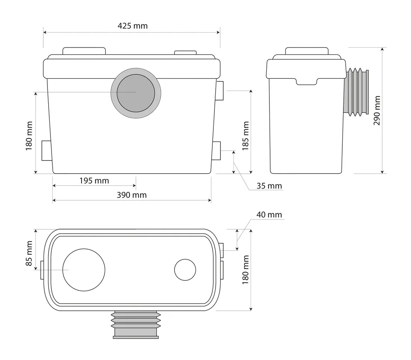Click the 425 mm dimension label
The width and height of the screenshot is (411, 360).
pos(133,26)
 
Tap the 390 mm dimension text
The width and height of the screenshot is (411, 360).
pos(132,195)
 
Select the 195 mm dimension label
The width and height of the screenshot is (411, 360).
pos(94,180)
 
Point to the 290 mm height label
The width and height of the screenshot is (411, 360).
pos(377,110)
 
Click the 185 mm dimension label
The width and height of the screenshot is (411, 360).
pos(245,136)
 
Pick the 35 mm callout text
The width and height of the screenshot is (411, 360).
pos(269,186)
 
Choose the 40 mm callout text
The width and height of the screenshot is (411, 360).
pos(269,215)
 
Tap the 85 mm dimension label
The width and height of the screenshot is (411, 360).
pos(29,253)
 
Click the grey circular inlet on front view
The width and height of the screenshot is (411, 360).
pos(136,93)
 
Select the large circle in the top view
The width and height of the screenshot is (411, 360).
pos(84,270)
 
